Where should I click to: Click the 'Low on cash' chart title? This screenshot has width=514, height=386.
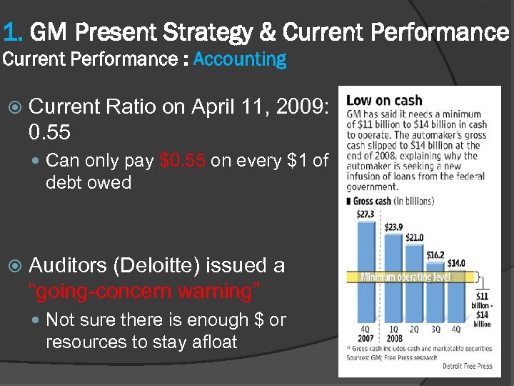point(384,101)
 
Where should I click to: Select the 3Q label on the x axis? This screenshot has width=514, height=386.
point(435,330)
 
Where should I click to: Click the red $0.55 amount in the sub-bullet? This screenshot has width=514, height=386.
point(183,161)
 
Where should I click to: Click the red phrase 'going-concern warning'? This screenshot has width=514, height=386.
point(143,291)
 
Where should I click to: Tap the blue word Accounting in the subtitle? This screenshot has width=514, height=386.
point(239,60)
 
